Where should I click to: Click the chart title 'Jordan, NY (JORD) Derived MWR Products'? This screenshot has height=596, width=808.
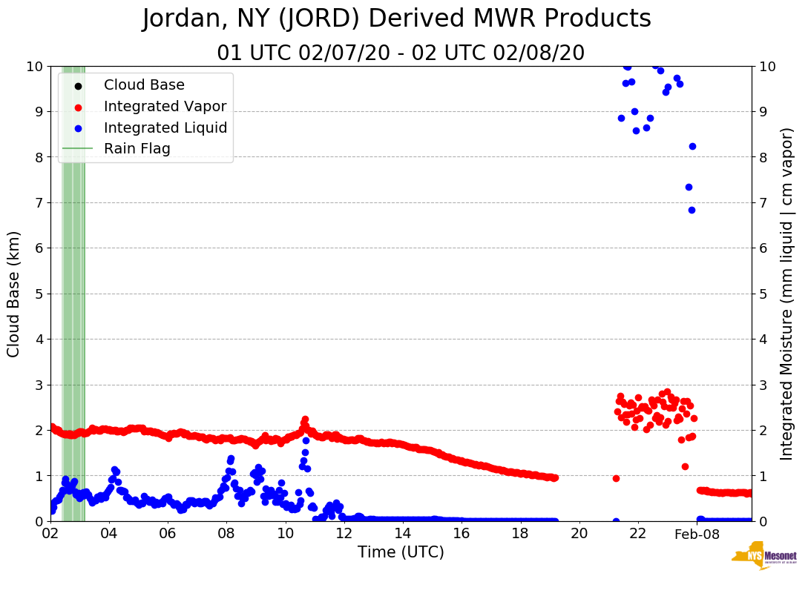tap(397, 19)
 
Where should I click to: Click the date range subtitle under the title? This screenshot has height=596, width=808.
tap(401, 53)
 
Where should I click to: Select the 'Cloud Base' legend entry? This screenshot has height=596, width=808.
tap(144, 85)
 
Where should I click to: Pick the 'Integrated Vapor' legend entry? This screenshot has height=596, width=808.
tap(165, 107)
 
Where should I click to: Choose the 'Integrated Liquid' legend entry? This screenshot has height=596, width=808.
tap(165, 128)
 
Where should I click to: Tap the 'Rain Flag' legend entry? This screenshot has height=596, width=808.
tap(137, 148)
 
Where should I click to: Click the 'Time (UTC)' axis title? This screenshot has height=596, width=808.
tap(401, 553)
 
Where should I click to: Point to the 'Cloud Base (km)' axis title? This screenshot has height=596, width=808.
tap(14, 294)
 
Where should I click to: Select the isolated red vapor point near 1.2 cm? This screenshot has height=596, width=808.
tap(685, 466)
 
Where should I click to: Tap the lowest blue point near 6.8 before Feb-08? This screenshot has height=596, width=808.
tap(692, 210)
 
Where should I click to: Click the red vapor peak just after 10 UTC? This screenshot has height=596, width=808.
tap(305, 420)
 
